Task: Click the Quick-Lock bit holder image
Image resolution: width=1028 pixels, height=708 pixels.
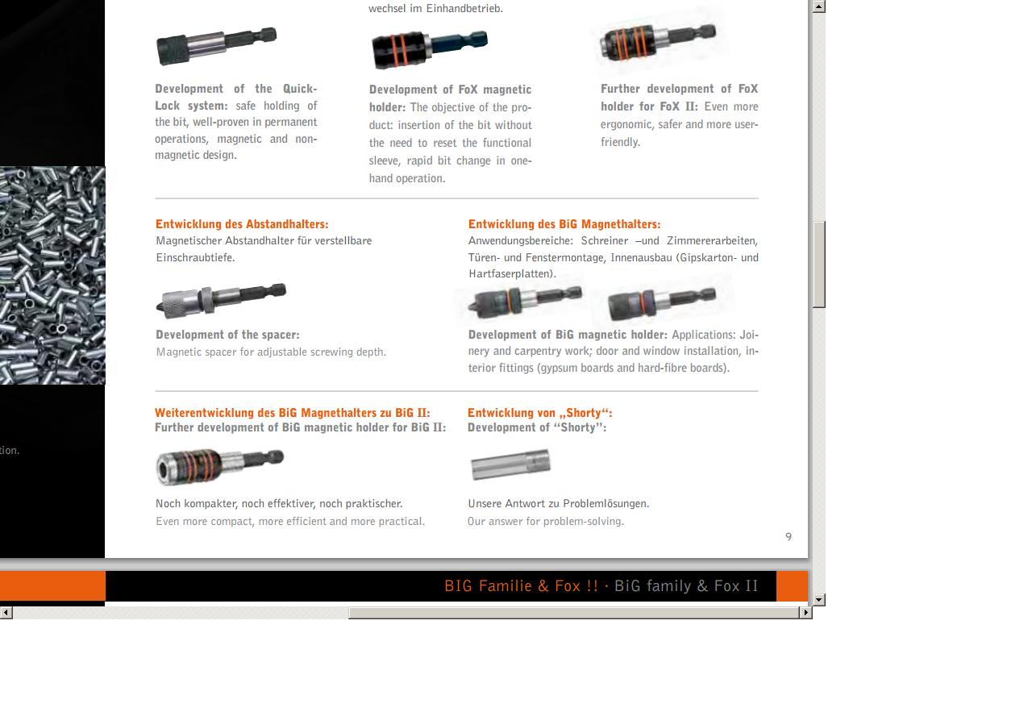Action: (217, 46)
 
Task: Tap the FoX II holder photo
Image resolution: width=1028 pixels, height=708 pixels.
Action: (658, 42)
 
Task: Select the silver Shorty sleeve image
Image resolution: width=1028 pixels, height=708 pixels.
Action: (511, 464)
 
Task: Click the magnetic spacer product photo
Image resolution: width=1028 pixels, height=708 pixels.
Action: (221, 300)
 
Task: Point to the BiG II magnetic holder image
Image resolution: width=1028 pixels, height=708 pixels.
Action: (220, 466)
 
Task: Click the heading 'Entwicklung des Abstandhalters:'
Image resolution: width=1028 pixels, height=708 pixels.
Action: (242, 224)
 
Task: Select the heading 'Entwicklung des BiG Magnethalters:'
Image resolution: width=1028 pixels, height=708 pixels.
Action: (564, 224)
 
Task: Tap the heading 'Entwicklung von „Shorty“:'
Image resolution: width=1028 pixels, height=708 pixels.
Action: (539, 413)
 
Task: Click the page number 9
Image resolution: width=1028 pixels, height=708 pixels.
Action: (789, 536)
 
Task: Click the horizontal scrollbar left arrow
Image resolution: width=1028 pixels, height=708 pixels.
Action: (6, 612)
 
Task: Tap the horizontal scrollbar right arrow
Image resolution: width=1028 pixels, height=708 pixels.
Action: (806, 612)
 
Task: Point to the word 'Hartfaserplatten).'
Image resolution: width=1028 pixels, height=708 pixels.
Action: (512, 274)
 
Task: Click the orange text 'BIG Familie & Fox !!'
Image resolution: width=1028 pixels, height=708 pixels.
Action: (522, 586)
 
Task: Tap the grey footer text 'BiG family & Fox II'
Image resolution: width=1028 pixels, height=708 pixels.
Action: (686, 586)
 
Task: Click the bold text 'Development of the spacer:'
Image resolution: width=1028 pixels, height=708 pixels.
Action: (227, 335)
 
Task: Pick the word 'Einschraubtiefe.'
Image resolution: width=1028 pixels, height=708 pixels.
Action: (195, 257)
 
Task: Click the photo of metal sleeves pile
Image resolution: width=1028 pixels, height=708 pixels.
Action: (52, 275)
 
